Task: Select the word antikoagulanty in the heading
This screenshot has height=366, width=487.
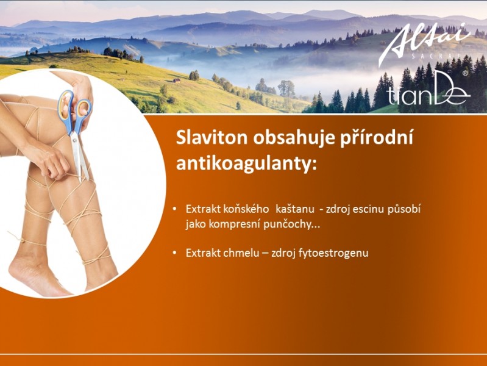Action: tap(245, 163)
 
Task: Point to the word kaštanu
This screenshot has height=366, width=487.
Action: tap(295, 209)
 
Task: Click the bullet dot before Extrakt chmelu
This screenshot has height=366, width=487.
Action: tap(175, 253)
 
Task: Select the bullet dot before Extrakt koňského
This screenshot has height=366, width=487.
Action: tap(175, 209)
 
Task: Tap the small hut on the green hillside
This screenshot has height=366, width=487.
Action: tap(176, 81)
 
